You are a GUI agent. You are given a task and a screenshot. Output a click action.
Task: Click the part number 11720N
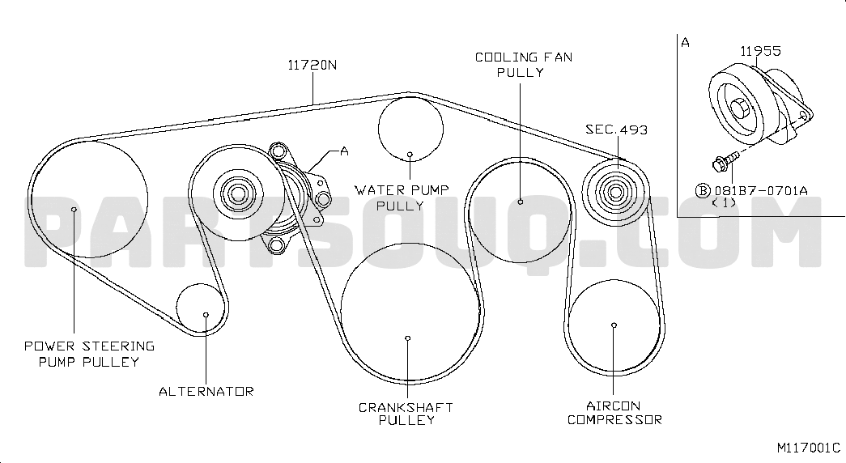coord(312,66)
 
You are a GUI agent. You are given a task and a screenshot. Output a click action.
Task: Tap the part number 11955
coord(760,51)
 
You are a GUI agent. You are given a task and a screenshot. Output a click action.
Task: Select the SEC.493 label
coord(616,130)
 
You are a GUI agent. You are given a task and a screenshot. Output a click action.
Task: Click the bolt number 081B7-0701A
coord(761,190)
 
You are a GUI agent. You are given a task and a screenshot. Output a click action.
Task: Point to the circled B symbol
coord(702,190)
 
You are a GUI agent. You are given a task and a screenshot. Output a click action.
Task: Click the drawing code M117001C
coord(808,448)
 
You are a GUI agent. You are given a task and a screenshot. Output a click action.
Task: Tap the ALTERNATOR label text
coord(206,391)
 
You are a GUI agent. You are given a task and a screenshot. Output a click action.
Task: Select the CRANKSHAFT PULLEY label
coord(406,414)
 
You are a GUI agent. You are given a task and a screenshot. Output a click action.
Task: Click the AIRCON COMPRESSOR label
coord(614,413)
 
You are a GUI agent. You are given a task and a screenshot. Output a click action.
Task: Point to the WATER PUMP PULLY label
coord(402,198)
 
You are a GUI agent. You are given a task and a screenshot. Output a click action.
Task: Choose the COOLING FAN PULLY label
coord(523,65)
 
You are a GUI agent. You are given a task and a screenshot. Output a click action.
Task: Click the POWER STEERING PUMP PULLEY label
coord(90,354)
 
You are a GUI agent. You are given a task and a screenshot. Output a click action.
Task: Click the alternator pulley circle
coord(201,284)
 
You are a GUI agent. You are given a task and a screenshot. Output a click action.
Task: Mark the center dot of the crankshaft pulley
coord(408,338)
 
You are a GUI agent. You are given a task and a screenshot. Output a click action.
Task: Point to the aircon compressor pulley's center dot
coord(614,325)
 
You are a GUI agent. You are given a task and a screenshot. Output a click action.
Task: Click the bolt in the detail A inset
coord(725,160)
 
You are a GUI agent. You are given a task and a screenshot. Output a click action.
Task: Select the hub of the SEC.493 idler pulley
coord(615,192)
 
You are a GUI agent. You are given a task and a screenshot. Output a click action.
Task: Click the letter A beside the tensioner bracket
coord(344,151)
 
